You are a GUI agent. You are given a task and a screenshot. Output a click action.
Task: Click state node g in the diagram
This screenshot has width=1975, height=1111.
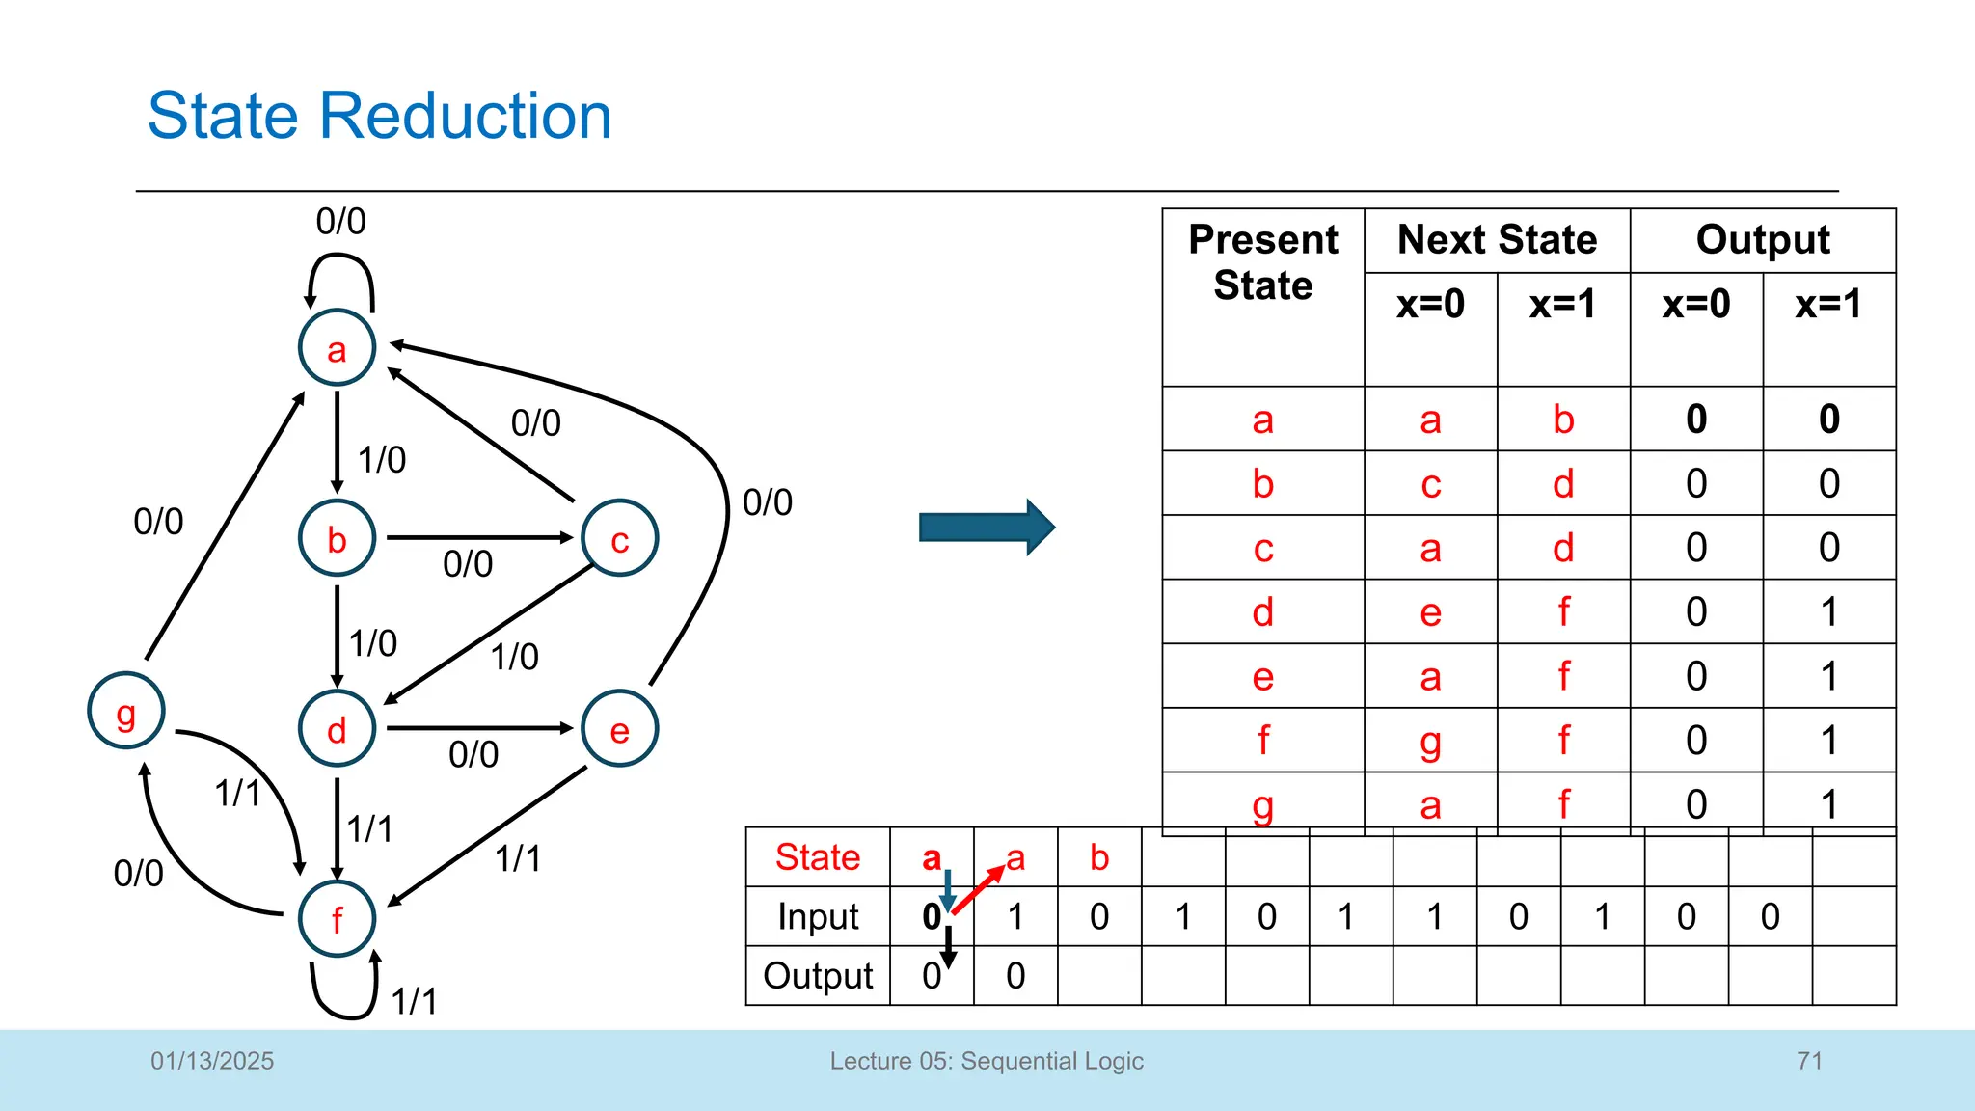tap(126, 712)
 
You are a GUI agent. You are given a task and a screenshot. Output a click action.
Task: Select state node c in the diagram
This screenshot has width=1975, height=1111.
tap(620, 538)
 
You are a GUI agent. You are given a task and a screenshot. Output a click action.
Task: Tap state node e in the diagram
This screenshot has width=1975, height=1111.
tap(620, 729)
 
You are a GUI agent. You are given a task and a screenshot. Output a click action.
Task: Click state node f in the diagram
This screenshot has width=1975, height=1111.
tap(337, 918)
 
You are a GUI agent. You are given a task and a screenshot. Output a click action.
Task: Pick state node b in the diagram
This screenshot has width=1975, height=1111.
tap(337, 538)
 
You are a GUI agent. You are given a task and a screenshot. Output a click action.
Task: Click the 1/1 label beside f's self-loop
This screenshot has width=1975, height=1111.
tap(415, 1001)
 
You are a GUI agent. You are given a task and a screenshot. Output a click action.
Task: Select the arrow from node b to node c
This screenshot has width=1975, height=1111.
tap(479, 537)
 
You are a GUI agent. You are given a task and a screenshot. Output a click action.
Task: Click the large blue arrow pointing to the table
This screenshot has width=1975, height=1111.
tap(987, 528)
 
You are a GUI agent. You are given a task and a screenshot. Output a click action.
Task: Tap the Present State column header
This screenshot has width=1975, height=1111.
tap(1262, 262)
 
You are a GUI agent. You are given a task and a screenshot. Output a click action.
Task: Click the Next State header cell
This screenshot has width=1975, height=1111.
tap(1497, 239)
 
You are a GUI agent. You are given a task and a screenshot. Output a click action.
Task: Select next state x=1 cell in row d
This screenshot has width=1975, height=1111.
tap(1563, 611)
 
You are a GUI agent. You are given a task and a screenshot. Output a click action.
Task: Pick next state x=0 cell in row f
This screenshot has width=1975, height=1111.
tap(1430, 741)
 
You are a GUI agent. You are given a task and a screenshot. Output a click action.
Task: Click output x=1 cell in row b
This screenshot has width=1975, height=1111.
tap(1828, 483)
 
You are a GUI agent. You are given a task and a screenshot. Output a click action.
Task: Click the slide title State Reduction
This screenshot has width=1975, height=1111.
tap(379, 116)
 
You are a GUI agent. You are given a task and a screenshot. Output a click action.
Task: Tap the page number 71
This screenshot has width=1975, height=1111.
tap(1809, 1061)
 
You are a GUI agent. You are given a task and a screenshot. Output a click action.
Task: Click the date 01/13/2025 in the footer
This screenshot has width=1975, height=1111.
tap(212, 1061)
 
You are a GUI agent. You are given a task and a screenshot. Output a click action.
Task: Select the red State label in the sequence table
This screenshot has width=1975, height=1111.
tap(818, 857)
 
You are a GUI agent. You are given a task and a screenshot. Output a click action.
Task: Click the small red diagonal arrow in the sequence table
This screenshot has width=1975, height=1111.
tap(978, 889)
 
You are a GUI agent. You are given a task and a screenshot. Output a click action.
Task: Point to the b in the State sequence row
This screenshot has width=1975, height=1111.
tap(1099, 857)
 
